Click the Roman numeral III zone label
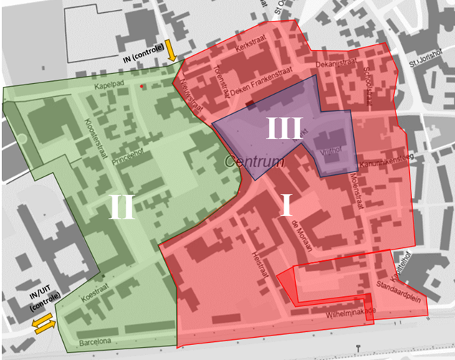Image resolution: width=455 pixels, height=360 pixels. point(284,129)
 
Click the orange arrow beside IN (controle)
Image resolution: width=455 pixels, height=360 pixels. point(171,50)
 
